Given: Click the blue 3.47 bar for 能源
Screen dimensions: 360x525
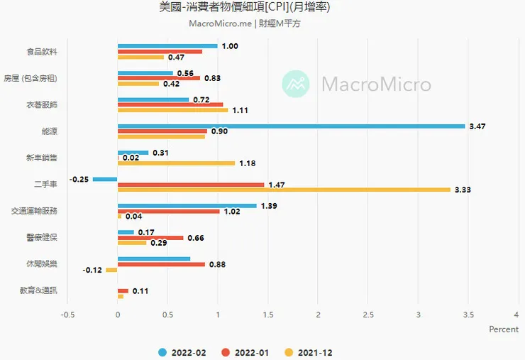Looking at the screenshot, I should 291,126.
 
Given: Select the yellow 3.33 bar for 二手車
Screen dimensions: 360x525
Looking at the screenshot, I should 284,190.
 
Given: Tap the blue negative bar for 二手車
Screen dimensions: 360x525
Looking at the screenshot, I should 105,179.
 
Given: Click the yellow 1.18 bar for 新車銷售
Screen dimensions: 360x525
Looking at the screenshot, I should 176,163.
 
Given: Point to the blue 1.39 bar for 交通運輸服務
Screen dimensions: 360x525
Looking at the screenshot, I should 187,206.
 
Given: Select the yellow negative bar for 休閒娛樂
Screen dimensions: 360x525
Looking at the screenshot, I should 111,270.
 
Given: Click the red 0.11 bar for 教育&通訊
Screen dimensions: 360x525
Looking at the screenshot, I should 123,291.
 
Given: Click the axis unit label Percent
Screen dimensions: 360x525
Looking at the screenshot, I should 504,329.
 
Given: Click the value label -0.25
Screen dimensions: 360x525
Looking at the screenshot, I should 79,180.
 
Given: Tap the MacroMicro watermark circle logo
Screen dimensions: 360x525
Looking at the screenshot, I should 296,84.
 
